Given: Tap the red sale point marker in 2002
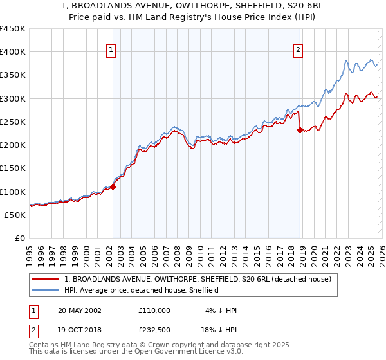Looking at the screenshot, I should point(113,187).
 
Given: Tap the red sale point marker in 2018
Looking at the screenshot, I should point(300,130).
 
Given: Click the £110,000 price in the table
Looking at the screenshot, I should point(154,310).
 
